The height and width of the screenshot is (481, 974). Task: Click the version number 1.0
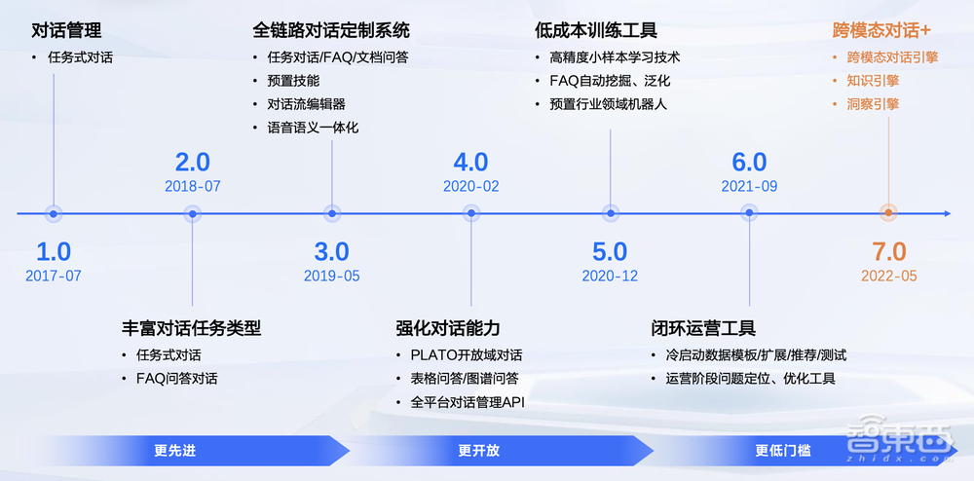pos(54,251)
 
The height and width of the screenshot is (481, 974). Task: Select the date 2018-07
pos(193,186)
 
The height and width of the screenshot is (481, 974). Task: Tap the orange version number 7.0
pos(888,251)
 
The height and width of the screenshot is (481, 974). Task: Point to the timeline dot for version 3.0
pos(332,213)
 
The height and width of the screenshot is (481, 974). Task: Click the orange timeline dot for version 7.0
pos(888,213)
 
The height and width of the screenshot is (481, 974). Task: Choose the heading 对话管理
pos(66,31)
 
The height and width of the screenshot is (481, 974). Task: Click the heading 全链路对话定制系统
pos(331,31)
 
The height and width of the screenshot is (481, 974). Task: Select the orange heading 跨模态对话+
pos(882,31)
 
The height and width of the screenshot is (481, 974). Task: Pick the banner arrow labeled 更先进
pos(175,451)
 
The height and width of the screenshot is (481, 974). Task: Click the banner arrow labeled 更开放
pos(478,451)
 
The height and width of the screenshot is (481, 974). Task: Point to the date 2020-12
pos(610,276)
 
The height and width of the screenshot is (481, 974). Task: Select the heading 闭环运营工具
pos(703,328)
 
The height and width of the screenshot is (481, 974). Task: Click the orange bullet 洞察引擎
pos(873,104)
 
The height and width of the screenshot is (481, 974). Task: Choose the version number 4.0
pos(471,163)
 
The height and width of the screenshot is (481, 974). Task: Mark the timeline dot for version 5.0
pos(611,213)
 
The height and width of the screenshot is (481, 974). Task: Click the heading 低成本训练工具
pos(596,31)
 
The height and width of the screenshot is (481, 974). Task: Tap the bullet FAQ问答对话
pos(176,379)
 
